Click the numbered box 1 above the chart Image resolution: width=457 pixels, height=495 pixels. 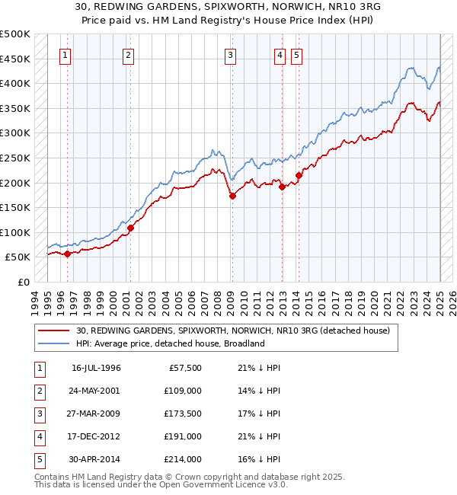point(66,55)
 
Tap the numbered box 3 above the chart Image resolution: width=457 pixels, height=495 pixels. point(230,55)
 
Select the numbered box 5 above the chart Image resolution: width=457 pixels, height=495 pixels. point(296,55)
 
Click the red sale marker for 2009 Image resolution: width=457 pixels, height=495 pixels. point(232,196)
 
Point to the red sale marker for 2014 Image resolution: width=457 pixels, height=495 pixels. point(299,176)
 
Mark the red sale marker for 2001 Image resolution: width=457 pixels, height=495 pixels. point(130,228)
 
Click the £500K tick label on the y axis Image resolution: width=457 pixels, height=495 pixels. point(15,34)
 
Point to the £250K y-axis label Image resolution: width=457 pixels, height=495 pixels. point(15,158)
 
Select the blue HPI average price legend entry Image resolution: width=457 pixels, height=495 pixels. point(169,343)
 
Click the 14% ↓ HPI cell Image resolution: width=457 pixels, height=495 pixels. point(260,391)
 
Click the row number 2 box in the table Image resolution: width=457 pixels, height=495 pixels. point(37,391)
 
